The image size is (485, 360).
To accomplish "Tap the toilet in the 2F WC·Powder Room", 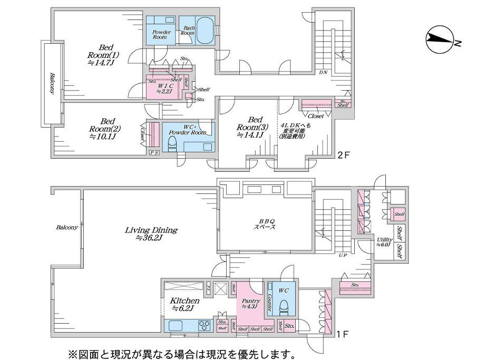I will click(x=171, y=142).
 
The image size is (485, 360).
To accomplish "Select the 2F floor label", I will click(x=343, y=154).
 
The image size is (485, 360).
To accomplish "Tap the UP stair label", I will click(x=343, y=255).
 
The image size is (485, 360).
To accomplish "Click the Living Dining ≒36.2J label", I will click(x=151, y=233).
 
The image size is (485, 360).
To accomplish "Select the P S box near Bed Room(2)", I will click(x=153, y=153).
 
